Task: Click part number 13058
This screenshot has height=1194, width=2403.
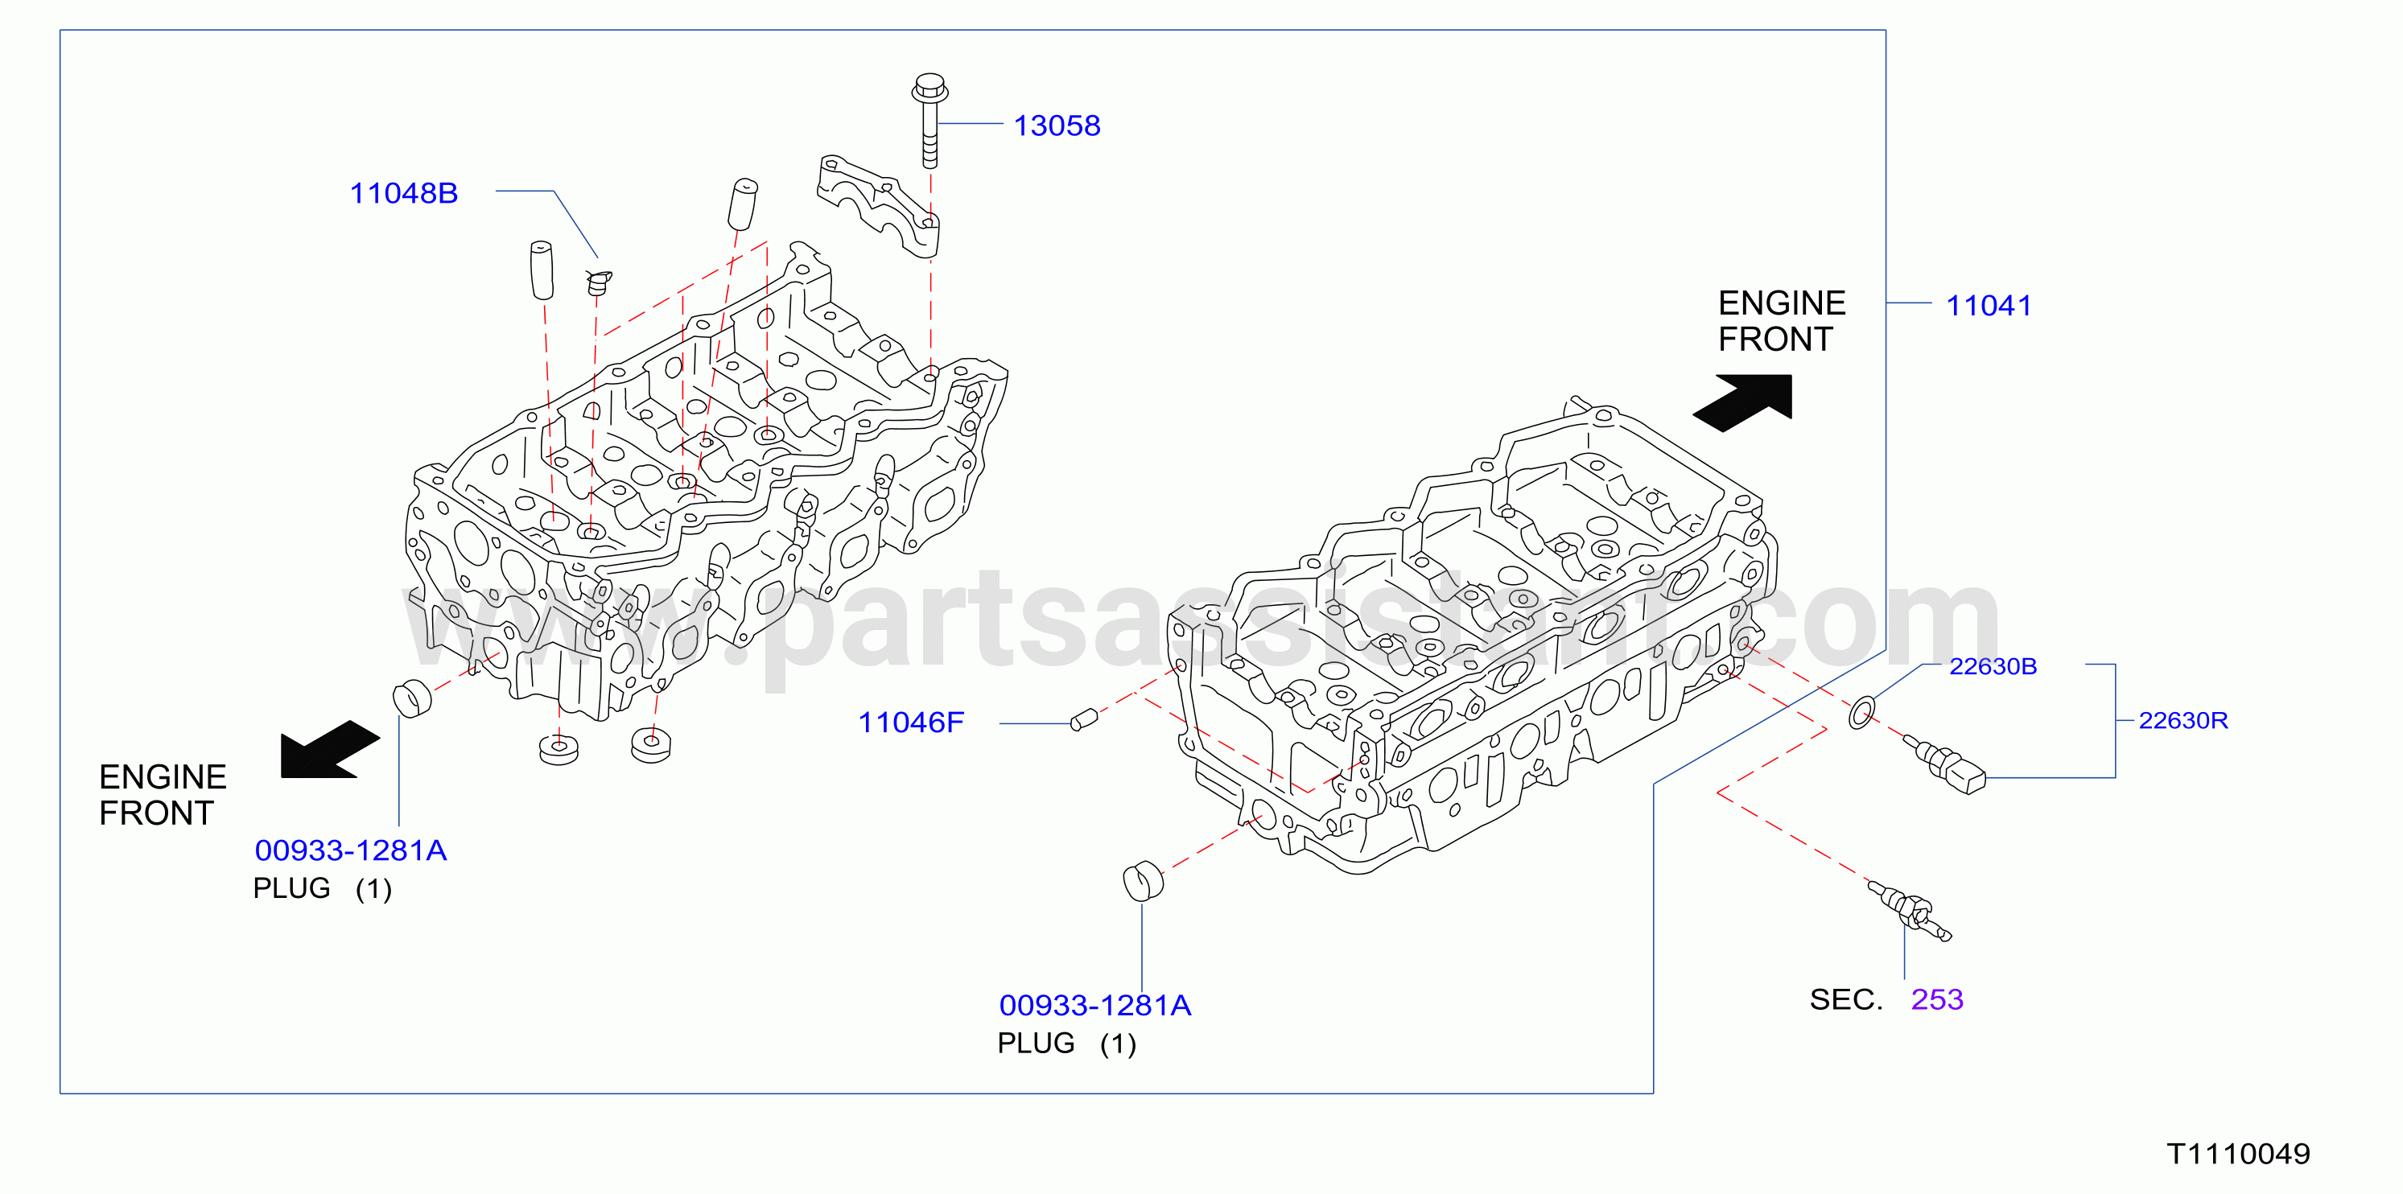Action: click(x=1057, y=126)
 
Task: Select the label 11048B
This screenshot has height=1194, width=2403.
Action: click(x=404, y=193)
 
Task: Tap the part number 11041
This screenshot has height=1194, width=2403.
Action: click(x=1989, y=305)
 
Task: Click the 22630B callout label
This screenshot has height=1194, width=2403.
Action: click(x=1993, y=666)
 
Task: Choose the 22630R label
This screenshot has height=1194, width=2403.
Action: click(x=2182, y=720)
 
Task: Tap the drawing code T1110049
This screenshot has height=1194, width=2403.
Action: click(x=2239, y=1154)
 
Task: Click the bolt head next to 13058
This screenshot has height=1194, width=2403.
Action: click(x=930, y=89)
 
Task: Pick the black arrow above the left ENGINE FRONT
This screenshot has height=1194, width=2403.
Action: click(x=329, y=749)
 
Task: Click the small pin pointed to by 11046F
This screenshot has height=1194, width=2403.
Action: click(x=1083, y=720)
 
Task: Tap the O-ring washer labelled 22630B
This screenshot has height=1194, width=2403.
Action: click(x=1862, y=712)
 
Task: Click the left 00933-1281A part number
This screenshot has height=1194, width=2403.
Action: click(x=351, y=850)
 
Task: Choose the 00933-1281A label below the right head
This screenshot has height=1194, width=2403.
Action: click(x=1095, y=1005)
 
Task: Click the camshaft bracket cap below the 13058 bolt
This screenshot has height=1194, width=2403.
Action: click(x=878, y=206)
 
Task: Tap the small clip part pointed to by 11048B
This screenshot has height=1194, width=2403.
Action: click(x=598, y=282)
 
